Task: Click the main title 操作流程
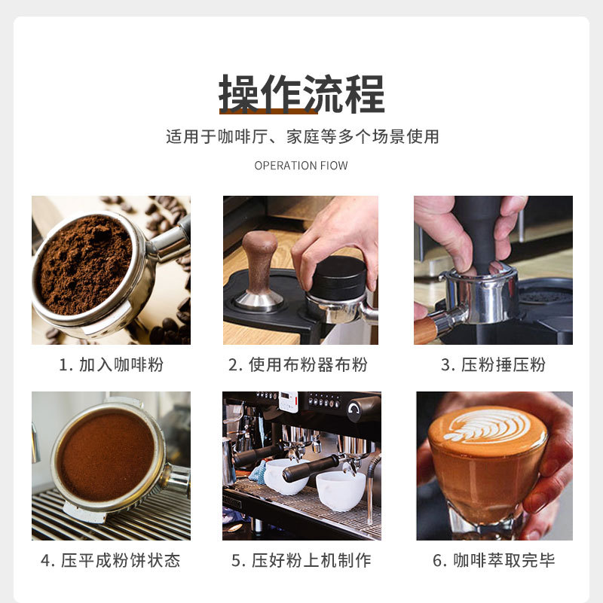coord(301,93)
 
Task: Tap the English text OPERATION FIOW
coord(301,166)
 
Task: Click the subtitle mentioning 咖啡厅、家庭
coord(301,137)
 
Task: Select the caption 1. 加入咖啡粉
coord(111,365)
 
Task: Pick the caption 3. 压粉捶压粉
coord(493,365)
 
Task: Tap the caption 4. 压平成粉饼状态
coord(111,561)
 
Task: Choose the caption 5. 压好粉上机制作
coord(301,561)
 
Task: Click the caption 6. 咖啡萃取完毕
coord(494,561)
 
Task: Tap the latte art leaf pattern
coord(487,428)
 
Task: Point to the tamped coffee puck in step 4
coord(106,456)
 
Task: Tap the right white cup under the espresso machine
coord(340,489)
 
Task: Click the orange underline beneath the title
coord(268,111)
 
